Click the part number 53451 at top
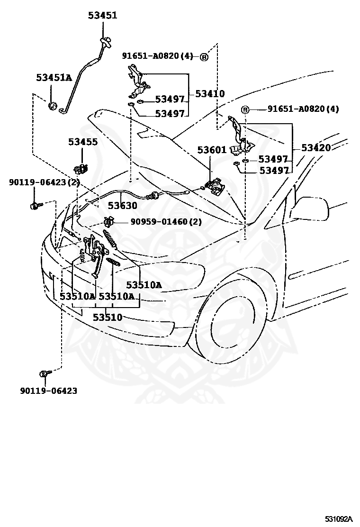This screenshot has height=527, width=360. point(103,15)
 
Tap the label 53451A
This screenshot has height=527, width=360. point(54,78)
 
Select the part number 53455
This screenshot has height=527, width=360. point(83,142)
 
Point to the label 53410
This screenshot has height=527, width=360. point(210,93)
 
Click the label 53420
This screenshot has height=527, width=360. point(316,147)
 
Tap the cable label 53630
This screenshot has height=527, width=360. point(122,205)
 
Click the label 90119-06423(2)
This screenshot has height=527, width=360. point(45,182)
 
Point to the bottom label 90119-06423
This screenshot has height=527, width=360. point(49,391)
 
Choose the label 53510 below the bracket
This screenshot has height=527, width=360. point(108,317)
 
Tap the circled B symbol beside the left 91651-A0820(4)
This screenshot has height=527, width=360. point(204,57)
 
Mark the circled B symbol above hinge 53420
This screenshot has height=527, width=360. point(245,109)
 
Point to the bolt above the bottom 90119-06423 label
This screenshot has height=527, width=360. point(45,373)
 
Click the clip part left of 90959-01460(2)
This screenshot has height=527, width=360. point(109,221)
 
